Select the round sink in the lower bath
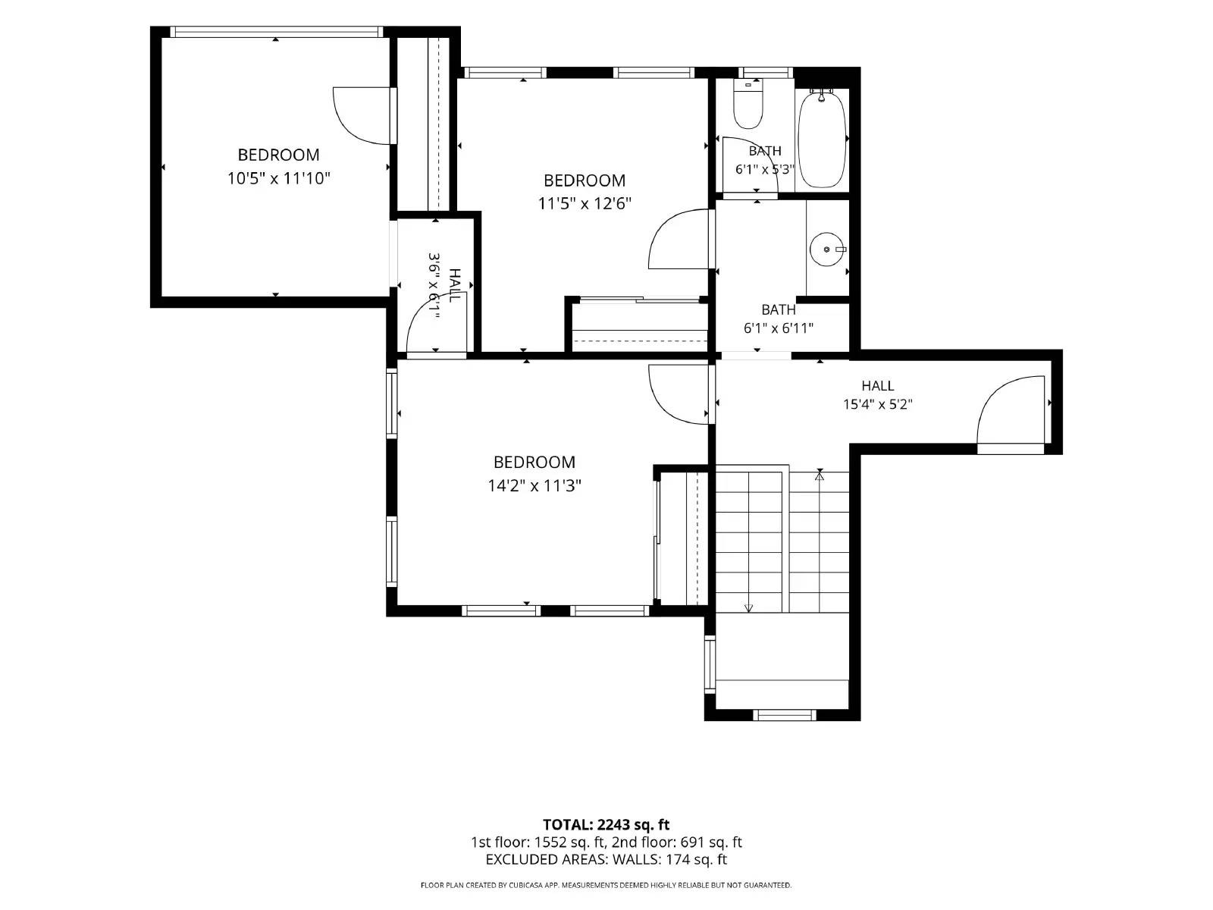[827, 249]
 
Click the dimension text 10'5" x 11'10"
[278, 178]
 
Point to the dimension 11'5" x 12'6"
[585, 204]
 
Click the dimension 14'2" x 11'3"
[534, 485]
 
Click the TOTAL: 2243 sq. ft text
[606, 825]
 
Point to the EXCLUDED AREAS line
[606, 859]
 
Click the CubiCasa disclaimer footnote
[606, 885]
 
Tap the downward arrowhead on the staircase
[749, 608]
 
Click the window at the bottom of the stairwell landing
[784, 715]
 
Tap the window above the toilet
[766, 73]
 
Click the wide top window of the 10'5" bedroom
[276, 32]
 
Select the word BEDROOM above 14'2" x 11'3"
[534, 462]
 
